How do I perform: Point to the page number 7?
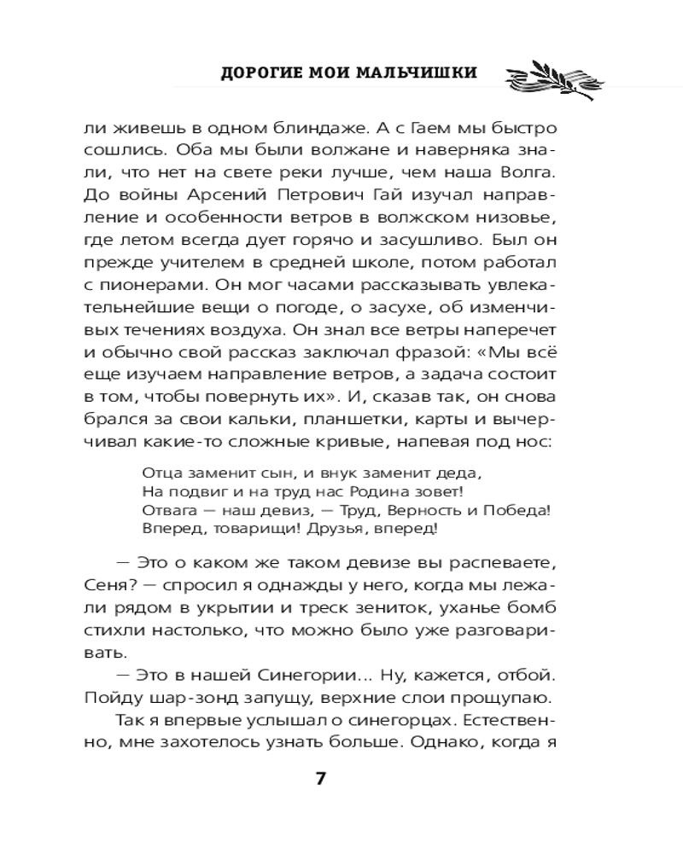point(321,778)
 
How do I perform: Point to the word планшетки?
point(300,419)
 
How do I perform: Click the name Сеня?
point(105,586)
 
